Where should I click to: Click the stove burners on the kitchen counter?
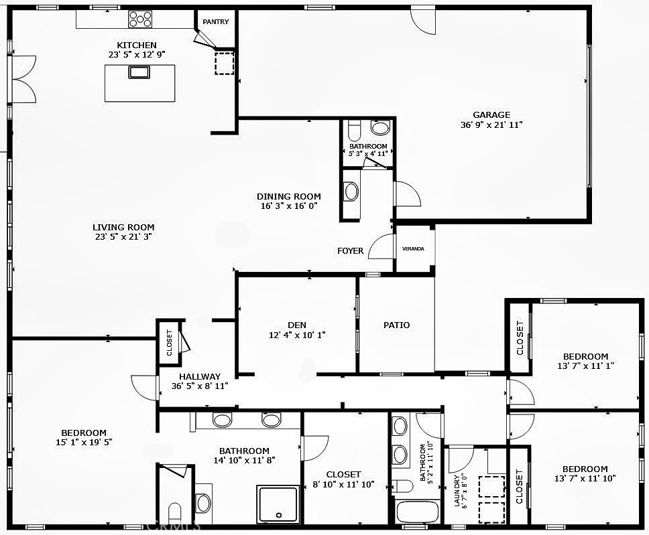pyautogui.click(x=140, y=19)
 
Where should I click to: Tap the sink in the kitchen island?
pyautogui.click(x=139, y=72)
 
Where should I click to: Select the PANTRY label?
pyautogui.click(x=216, y=22)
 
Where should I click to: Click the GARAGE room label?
pyautogui.click(x=491, y=115)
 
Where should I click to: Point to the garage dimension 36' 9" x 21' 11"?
pyautogui.click(x=491, y=125)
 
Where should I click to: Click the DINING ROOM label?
pyautogui.click(x=289, y=196)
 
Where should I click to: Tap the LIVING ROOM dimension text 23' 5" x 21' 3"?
pyautogui.click(x=123, y=237)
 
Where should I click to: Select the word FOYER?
pyautogui.click(x=351, y=251)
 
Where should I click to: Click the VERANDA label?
pyautogui.click(x=413, y=249)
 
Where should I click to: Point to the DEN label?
pyautogui.click(x=297, y=325)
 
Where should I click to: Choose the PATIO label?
pyautogui.click(x=396, y=325)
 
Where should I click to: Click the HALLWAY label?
pyautogui.click(x=200, y=377)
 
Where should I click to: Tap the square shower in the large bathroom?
pyautogui.click(x=278, y=504)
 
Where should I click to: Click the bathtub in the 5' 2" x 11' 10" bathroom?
pyautogui.click(x=418, y=512)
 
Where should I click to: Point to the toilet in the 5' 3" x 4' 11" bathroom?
pyautogui.click(x=354, y=131)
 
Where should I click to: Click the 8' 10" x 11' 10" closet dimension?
pyautogui.click(x=343, y=484)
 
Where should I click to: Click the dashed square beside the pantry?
pyautogui.click(x=225, y=63)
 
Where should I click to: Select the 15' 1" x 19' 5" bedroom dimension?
pyautogui.click(x=84, y=443)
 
